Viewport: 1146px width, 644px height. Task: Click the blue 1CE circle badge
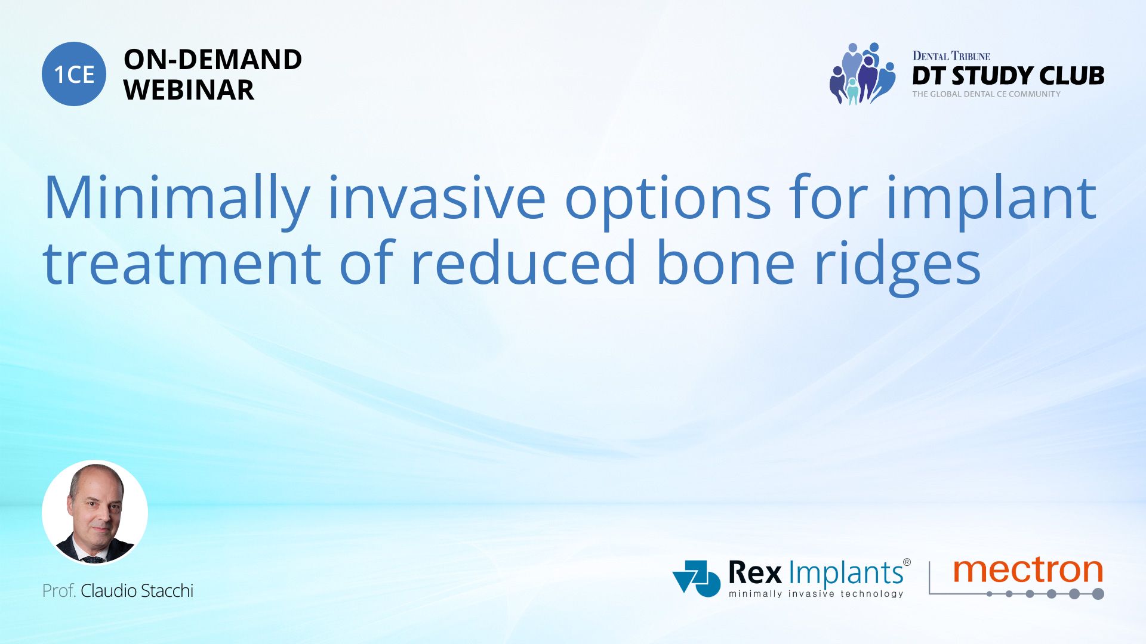74,74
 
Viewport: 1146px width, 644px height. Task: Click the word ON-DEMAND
212,60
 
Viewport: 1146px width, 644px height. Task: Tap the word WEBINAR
189,90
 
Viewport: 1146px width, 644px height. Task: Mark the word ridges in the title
897,267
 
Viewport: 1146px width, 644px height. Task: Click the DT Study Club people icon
862,73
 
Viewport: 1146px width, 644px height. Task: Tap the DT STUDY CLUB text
1008,76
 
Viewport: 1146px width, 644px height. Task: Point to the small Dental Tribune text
951,56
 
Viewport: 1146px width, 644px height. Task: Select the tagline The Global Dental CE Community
986,94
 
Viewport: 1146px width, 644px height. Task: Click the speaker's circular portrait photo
95,513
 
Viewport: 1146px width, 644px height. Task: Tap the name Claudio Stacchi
137,591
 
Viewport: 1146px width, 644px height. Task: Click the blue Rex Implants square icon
697,578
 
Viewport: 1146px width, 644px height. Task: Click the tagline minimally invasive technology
816,594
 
